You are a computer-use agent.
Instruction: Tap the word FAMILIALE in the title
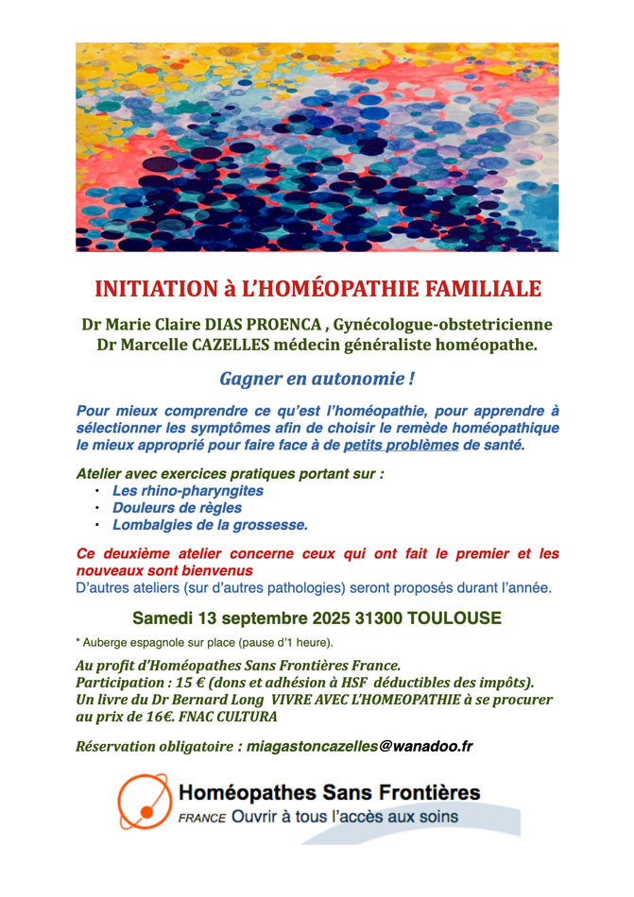tap(481, 289)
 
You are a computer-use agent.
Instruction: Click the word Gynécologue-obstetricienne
tap(443, 324)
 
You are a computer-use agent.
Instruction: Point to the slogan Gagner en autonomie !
tap(317, 380)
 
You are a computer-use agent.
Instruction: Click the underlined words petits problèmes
tap(401, 445)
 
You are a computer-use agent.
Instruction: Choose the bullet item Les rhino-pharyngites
tap(187, 491)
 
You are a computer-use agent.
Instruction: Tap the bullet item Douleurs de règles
tap(177, 508)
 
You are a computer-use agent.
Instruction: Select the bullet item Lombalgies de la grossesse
tap(210, 525)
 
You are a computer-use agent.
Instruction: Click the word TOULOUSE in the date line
tap(449, 619)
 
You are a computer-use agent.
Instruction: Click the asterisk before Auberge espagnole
tap(77, 642)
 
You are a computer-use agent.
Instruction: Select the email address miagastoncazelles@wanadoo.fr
tap(359, 747)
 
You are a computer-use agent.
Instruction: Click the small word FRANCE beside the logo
tap(201, 818)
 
